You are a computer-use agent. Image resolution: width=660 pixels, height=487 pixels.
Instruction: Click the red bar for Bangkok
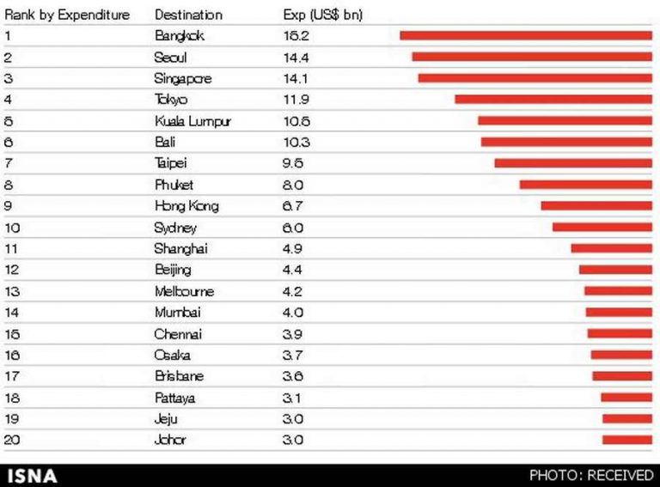[x=525, y=35]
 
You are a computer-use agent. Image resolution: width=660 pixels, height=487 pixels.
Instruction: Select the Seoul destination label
[x=170, y=58]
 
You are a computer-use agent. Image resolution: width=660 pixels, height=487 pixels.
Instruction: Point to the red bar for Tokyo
[x=553, y=100]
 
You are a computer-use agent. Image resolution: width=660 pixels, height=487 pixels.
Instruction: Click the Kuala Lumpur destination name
[x=192, y=121]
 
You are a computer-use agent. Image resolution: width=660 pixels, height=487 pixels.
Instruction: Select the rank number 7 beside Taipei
[x=8, y=163]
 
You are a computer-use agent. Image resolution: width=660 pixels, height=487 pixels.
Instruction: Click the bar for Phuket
[x=585, y=185]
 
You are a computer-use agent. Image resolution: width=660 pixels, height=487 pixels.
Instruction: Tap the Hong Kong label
[x=186, y=206]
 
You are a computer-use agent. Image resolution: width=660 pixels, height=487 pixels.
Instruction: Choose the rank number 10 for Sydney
[x=11, y=228]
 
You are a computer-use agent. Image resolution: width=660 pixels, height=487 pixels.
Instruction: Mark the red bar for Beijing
[x=615, y=270]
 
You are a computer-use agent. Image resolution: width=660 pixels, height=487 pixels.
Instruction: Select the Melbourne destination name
[x=184, y=291]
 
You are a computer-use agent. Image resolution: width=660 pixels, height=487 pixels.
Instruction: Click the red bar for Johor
[x=626, y=441]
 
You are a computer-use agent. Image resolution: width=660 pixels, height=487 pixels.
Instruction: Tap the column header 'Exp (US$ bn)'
[x=322, y=15]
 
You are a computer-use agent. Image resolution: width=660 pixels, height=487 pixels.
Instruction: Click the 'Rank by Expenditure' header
[x=67, y=15]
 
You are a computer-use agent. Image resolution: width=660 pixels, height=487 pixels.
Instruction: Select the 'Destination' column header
[x=188, y=15]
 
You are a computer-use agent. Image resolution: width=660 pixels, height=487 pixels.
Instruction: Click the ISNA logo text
[x=32, y=475]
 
